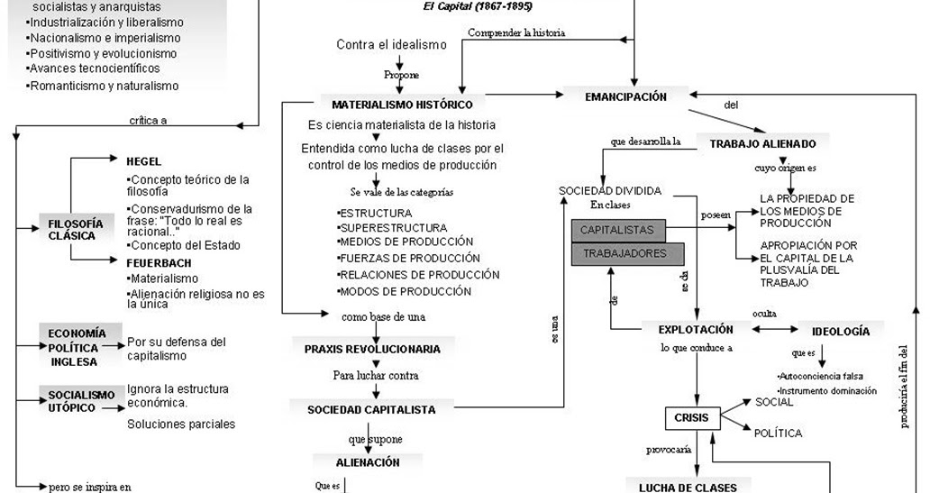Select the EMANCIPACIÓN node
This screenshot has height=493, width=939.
point(626,96)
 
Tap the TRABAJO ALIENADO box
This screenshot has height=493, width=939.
point(762,143)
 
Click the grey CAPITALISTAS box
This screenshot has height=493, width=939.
point(617,231)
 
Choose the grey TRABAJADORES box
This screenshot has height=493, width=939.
point(626,254)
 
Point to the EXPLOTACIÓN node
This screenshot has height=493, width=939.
point(696,330)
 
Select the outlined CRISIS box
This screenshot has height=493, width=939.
point(691,418)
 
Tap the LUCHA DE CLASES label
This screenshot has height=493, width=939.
point(688,488)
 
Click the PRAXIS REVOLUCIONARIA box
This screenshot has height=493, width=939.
point(372,349)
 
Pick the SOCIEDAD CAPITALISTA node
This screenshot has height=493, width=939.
point(371,409)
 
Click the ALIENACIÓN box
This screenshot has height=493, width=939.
point(368,462)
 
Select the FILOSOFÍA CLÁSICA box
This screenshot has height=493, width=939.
point(76,230)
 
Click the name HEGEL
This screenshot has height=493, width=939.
point(144,161)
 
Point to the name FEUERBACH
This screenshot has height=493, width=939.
point(158,262)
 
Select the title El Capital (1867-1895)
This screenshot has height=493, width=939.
point(478,6)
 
